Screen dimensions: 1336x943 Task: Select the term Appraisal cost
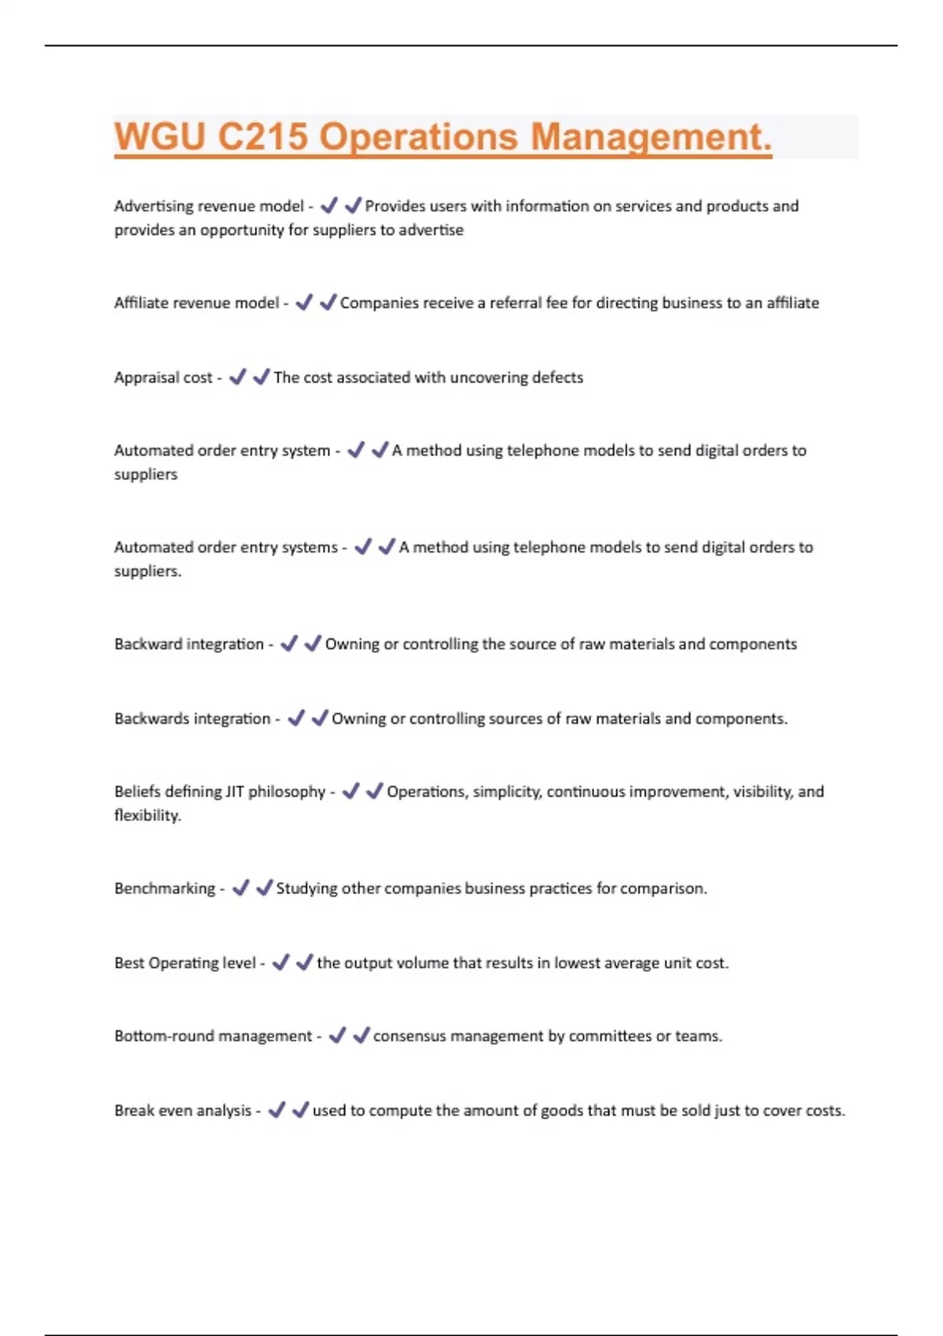coord(163,378)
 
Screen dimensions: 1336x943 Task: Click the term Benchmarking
coord(164,889)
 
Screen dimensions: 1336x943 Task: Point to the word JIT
coord(234,792)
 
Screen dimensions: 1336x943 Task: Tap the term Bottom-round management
coord(213,1037)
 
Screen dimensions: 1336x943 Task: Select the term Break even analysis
coord(182,1111)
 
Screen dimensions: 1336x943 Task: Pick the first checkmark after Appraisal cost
coord(237,377)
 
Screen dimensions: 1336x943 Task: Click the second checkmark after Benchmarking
coord(264,888)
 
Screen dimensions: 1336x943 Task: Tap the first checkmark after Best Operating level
coord(281,963)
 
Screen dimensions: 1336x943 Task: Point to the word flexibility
coord(147,816)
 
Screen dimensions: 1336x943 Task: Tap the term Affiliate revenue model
coord(196,303)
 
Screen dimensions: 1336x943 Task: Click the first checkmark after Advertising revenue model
coord(329,206)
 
